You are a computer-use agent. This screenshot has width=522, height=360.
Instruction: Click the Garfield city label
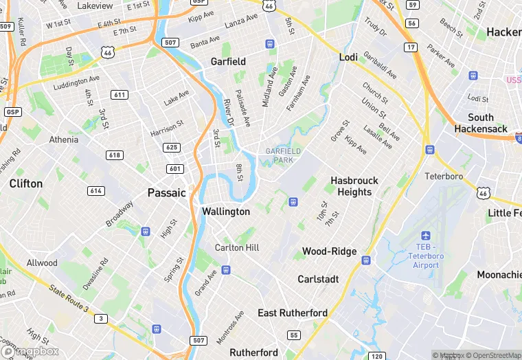pyautogui.click(x=228, y=61)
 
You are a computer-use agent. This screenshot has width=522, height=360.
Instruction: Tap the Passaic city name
pyautogui.click(x=167, y=192)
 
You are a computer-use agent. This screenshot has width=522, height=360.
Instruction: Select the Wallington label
pyautogui.click(x=226, y=212)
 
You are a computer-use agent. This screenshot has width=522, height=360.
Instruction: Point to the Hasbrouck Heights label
pyautogui.click(x=354, y=186)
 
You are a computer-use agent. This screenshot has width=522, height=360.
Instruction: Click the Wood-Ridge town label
pyautogui.click(x=330, y=251)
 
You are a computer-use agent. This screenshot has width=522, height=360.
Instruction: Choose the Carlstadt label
pyautogui.click(x=318, y=279)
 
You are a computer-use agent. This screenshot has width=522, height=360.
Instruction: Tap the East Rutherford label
pyautogui.click(x=293, y=313)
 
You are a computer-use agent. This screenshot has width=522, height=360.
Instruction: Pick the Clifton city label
pyautogui.click(x=26, y=183)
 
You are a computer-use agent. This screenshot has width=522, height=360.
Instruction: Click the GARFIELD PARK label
pyautogui.click(x=279, y=155)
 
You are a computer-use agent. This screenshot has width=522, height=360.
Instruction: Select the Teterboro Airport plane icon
pyautogui.click(x=426, y=236)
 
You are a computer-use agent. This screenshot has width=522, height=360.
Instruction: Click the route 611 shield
pyautogui.click(x=120, y=95)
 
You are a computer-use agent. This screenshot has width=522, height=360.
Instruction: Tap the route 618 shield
pyautogui.click(x=115, y=155)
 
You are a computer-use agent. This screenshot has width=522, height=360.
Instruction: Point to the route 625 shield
pyautogui.click(x=172, y=148)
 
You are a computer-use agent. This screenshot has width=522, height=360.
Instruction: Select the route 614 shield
pyautogui.click(x=96, y=190)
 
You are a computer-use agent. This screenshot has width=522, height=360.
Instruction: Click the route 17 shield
pyautogui.click(x=411, y=47)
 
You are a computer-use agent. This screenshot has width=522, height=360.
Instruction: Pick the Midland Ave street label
pyautogui.click(x=269, y=87)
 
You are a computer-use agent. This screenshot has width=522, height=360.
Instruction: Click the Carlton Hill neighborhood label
pyautogui.click(x=237, y=247)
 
